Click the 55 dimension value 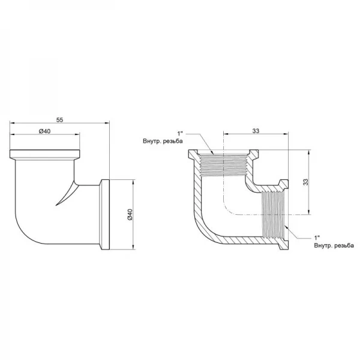(59, 120)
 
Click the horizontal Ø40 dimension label (44, 131)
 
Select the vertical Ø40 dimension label (130, 215)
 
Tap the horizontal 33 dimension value (256, 131)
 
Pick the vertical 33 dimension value (305, 182)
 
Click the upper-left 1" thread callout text (179, 133)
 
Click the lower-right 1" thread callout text (317, 238)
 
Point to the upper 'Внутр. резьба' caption (163, 141)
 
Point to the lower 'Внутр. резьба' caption (334, 245)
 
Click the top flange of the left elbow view (45, 154)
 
